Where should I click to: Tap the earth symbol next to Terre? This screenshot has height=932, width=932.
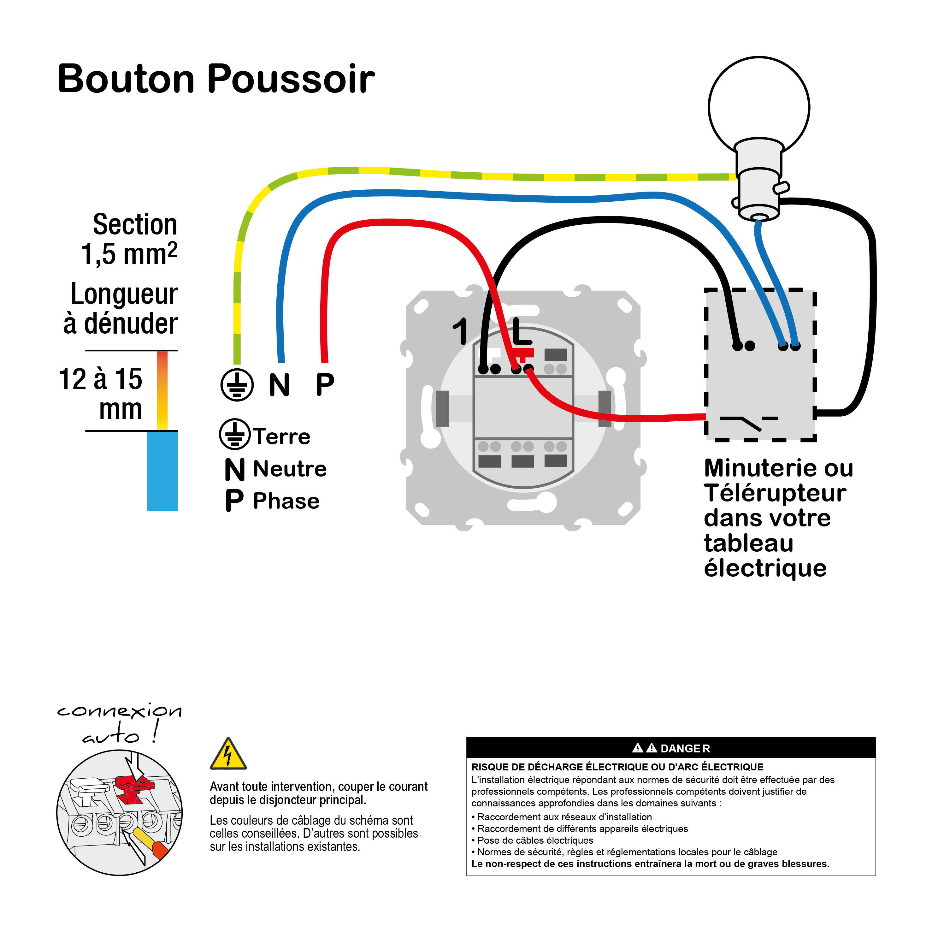point(234,434)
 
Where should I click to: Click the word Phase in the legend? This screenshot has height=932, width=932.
point(286,501)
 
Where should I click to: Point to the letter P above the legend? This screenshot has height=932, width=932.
point(325,385)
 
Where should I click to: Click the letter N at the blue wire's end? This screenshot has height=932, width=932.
point(279,385)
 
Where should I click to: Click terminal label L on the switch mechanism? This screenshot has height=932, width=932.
point(522,332)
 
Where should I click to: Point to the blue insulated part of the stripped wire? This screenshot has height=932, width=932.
point(162,471)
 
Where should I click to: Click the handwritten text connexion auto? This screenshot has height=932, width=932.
point(119,722)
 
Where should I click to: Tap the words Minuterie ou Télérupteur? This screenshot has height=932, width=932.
point(777,481)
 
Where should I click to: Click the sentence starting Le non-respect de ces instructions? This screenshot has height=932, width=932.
point(650,864)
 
